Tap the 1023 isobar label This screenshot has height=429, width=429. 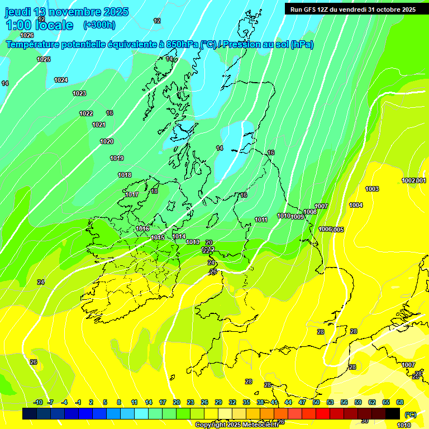(x=79, y=93)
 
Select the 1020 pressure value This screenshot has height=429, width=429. (x=107, y=141)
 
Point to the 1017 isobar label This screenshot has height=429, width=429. (x=132, y=194)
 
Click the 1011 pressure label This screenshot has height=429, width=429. (x=261, y=220)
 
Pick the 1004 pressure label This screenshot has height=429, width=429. (x=356, y=205)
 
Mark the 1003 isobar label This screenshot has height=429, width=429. (x=372, y=189)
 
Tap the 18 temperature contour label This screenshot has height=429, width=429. (x=154, y=191)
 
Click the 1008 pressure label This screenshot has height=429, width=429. (x=310, y=212)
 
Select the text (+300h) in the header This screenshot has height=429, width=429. (x=99, y=25)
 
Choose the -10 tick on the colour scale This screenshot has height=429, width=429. (x=38, y=403)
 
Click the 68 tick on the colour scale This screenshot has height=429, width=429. (x=400, y=403)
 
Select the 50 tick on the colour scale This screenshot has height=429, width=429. (x=316, y=403)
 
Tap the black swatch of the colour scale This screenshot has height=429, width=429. (x=393, y=414)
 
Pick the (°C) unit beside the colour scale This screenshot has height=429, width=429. (x=410, y=414)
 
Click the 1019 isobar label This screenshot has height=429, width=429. (x=117, y=158)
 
